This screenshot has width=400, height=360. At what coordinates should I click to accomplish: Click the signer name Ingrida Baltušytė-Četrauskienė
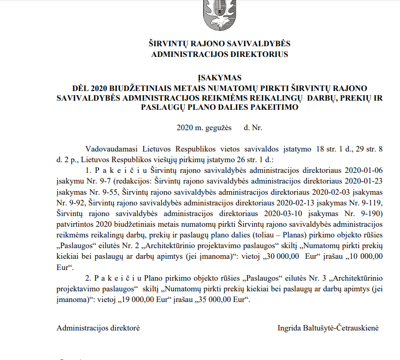click(328, 328)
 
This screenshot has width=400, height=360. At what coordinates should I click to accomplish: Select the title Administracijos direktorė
click(98, 328)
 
